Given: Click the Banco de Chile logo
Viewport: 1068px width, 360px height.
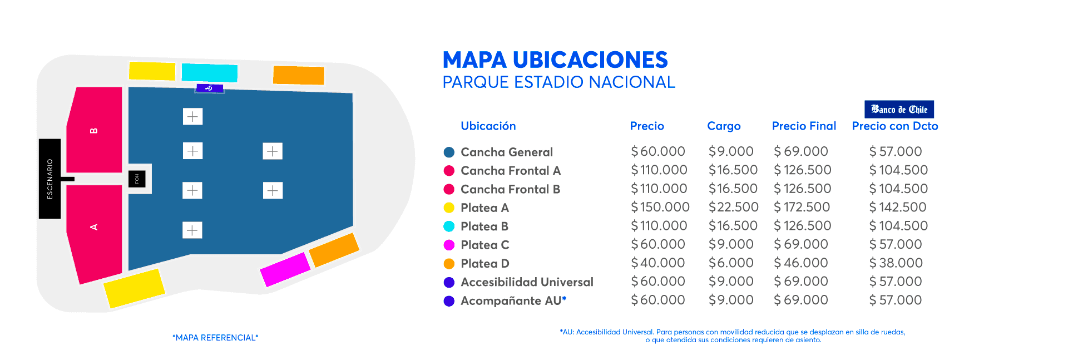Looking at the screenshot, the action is (899, 109).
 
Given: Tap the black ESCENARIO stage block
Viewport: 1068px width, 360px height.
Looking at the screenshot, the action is (50, 179).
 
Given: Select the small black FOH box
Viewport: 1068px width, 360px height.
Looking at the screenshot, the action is (137, 179).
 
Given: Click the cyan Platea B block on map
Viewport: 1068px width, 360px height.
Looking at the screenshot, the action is (210, 72).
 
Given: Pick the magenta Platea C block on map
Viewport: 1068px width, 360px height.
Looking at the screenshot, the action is (285, 269).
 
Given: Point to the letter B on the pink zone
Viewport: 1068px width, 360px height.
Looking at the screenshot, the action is (94, 131).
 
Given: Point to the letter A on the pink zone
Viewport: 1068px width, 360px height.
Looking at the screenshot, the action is (94, 227).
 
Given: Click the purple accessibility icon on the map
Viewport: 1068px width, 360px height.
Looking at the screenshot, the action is (210, 88).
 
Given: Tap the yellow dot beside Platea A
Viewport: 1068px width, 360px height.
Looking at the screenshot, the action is (449, 208).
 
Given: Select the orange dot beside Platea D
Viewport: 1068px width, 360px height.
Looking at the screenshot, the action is (449, 264).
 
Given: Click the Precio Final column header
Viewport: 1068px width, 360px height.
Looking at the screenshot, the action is (804, 126).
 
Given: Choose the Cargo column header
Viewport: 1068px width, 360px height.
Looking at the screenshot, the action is (724, 126).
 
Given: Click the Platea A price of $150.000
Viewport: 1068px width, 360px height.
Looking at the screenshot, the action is (660, 207).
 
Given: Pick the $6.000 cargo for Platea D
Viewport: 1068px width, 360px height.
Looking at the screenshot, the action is (731, 263).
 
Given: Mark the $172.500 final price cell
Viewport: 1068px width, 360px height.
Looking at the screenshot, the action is (802, 207).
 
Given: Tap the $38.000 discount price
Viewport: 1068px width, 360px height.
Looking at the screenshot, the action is (896, 263).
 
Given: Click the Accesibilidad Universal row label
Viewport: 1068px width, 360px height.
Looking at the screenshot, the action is (527, 282).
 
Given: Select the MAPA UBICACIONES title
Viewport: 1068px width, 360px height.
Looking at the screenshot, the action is (555, 60).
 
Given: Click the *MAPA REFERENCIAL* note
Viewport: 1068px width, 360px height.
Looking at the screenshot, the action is (215, 338).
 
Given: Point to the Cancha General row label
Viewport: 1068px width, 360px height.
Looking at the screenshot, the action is (507, 152).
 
